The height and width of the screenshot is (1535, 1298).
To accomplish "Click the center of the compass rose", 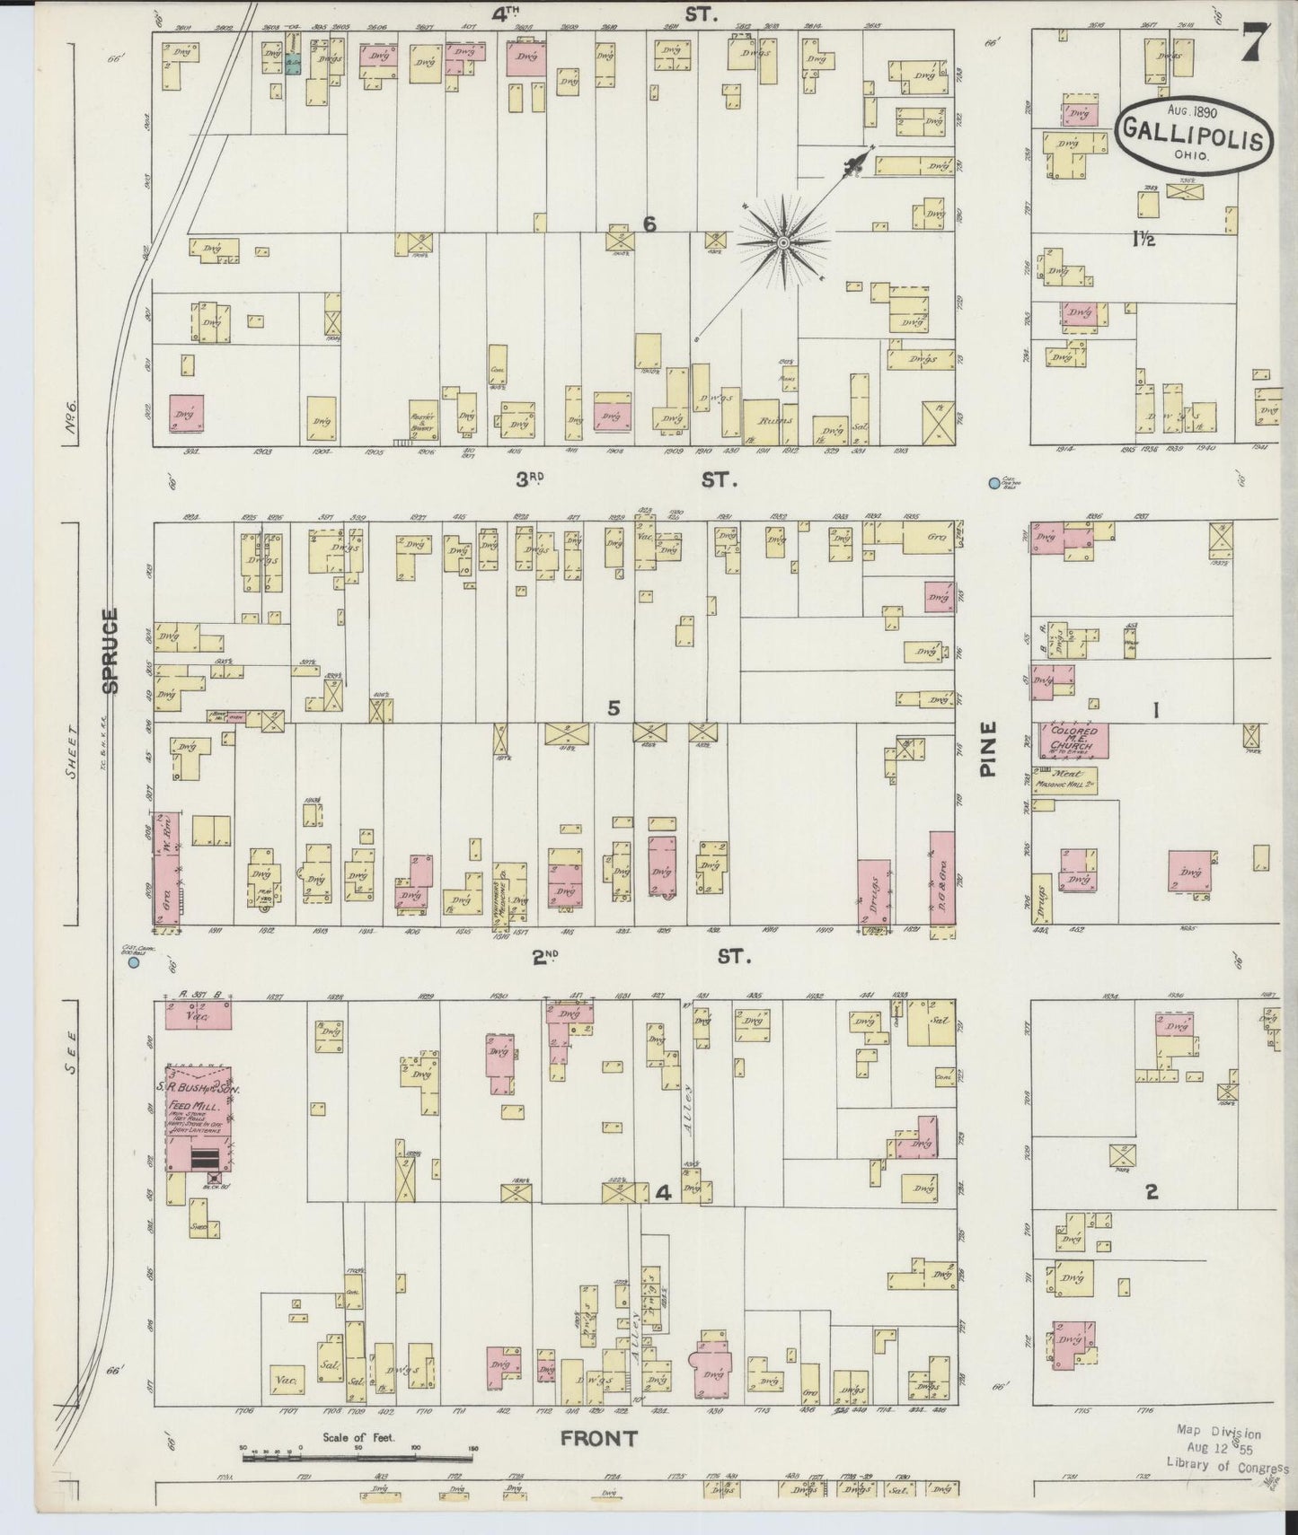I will pyautogui.click(x=784, y=242).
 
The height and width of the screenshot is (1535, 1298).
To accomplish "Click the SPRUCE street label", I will pyautogui.click(x=110, y=650).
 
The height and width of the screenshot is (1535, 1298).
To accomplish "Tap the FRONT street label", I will pyautogui.click(x=598, y=1438).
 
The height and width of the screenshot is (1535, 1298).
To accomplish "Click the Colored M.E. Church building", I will pyautogui.click(x=1074, y=741).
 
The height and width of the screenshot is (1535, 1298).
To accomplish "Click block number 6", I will pyautogui.click(x=649, y=224).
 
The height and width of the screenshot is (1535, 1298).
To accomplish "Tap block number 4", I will pyautogui.click(x=663, y=1193).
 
